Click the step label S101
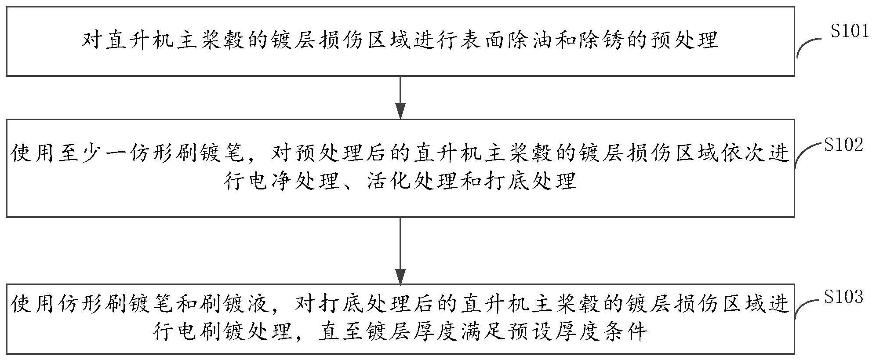click(x=849, y=32)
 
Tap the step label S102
click(x=843, y=145)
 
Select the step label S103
click(x=843, y=297)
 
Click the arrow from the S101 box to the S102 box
click(x=400, y=98)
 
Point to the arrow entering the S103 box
click(x=400, y=251)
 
